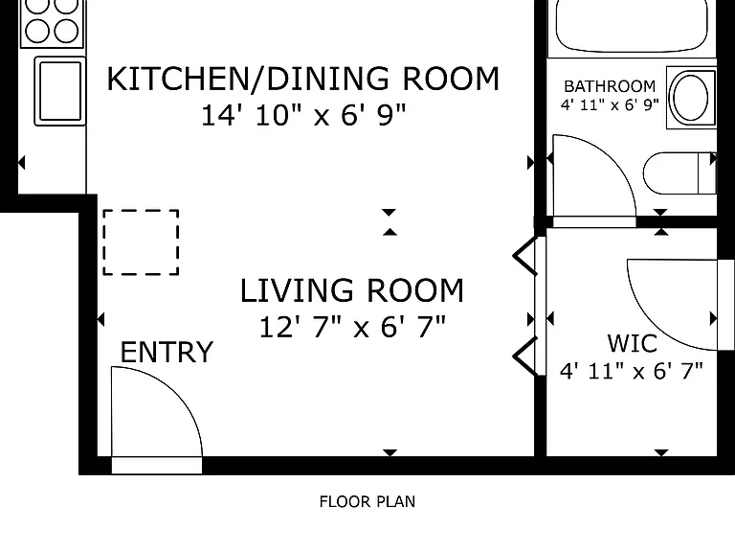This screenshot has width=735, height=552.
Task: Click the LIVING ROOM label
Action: coord(352,290)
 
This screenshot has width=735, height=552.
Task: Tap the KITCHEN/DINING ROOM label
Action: coord(303,79)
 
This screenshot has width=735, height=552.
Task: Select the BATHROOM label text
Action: coord(610,86)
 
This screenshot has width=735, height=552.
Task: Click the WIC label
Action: coord(632,343)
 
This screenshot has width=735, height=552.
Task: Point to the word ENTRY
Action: coord(167,352)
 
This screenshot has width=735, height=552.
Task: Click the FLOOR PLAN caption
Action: coord(367,502)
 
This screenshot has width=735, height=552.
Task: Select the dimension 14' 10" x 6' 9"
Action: coord(303,115)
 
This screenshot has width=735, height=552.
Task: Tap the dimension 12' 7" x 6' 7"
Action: coord(352,327)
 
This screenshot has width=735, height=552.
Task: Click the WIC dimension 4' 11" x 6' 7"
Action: coord(632,371)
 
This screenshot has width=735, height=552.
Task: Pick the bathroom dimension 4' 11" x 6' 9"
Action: coord(610,104)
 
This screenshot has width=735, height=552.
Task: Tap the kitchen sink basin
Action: coord(60,91)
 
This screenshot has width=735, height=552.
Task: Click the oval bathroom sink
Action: coord(691,97)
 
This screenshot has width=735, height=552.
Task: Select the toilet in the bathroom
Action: coord(679,172)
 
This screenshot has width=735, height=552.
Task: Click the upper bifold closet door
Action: coord(525,256)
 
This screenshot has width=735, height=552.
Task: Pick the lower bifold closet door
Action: coord(525,356)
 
